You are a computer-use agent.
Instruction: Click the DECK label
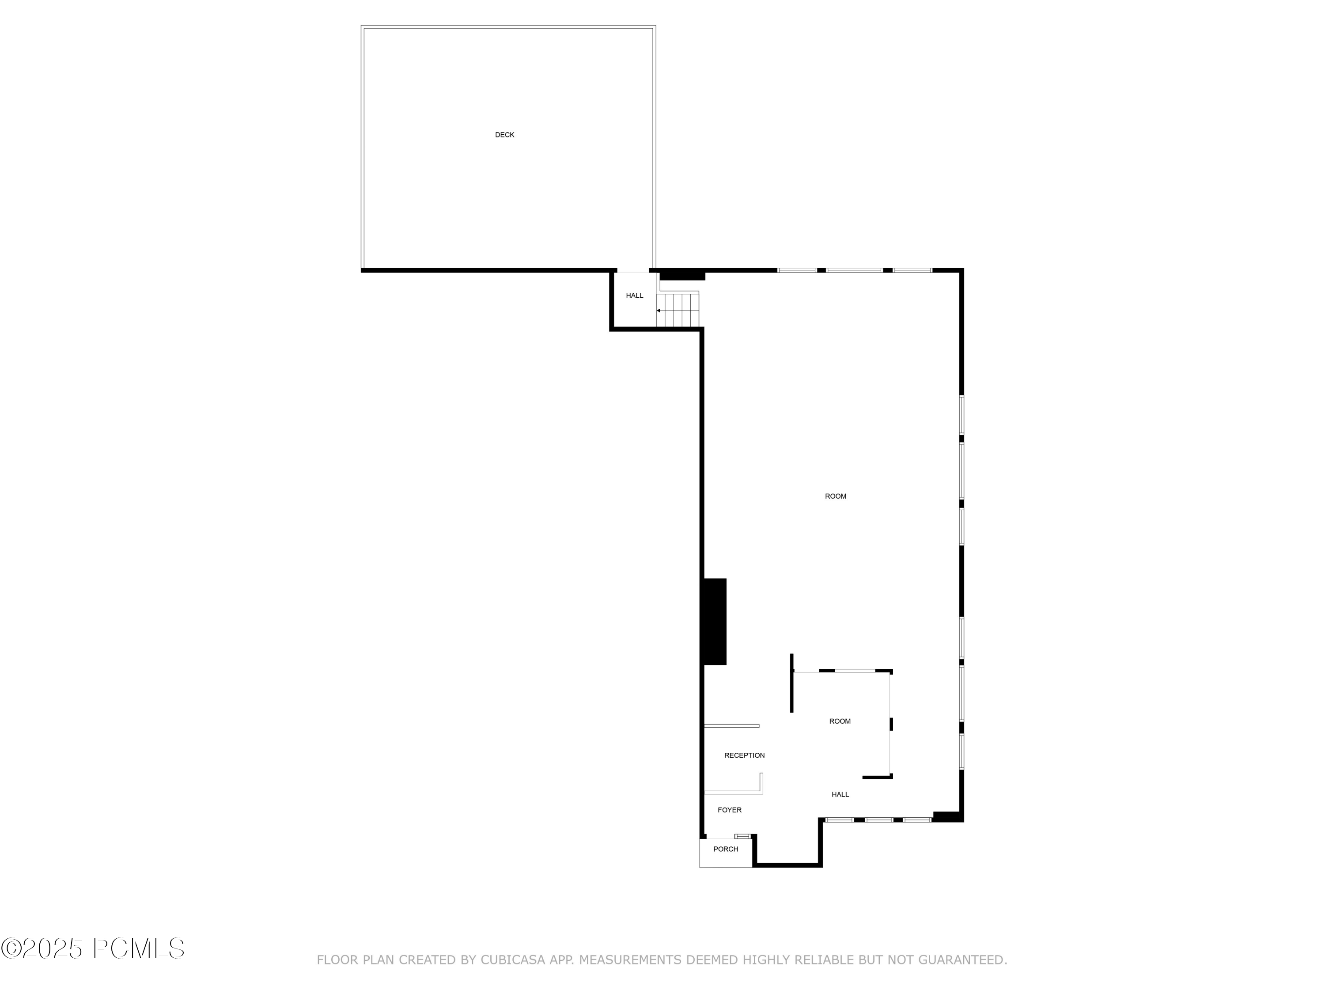pyautogui.click(x=504, y=135)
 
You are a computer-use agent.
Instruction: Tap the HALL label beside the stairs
pyautogui.click(x=634, y=296)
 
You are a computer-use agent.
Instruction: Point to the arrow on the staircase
pyautogui.click(x=659, y=311)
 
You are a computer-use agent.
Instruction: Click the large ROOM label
pyautogui.click(x=836, y=496)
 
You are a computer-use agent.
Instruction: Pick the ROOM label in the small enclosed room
pyautogui.click(x=840, y=721)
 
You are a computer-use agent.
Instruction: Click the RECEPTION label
pyautogui.click(x=744, y=755)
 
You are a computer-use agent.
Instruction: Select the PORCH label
pyautogui.click(x=725, y=849)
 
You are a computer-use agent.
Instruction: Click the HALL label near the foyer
pyautogui.click(x=840, y=794)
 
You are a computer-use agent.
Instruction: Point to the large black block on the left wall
pyautogui.click(x=714, y=621)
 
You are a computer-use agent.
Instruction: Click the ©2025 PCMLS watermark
pyautogui.click(x=93, y=949)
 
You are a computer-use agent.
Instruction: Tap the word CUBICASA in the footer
pyautogui.click(x=513, y=960)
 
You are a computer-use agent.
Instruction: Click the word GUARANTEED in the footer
pyautogui.click(x=962, y=960)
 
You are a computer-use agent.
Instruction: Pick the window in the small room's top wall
pyautogui.click(x=855, y=671)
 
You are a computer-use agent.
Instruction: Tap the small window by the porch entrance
pyautogui.click(x=742, y=836)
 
